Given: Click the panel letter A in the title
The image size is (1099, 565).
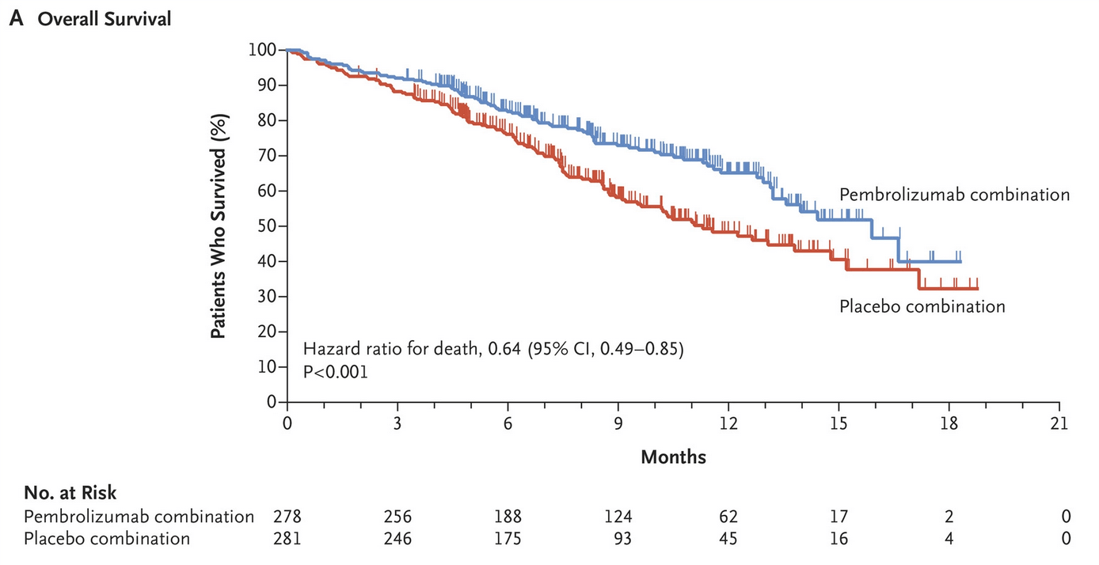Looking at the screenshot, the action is (16, 19).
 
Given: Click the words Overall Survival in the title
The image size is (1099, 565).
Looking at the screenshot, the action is (104, 19).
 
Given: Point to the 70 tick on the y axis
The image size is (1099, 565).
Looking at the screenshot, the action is (282, 156).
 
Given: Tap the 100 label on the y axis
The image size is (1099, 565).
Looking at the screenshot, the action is (262, 50).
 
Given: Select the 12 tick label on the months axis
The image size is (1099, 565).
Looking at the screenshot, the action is (728, 423).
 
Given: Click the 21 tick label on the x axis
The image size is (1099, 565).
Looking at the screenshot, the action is (1059, 423).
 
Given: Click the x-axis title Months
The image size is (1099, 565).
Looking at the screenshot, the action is (673, 457).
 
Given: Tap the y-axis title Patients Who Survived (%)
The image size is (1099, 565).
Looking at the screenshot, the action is (218, 226).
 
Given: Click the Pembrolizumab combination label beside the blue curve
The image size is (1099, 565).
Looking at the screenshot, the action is (954, 195).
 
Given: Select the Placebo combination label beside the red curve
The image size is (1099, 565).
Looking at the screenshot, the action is (922, 306).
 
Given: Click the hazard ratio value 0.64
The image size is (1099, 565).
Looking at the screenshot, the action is (504, 349).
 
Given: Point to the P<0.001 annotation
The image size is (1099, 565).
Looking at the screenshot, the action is (336, 372).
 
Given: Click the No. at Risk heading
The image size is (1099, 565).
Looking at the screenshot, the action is (70, 492).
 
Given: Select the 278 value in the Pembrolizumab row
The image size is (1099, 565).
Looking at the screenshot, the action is (287, 517).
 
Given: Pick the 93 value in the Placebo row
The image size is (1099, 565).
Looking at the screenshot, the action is (622, 539).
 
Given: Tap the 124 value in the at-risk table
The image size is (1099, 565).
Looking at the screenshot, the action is (618, 517).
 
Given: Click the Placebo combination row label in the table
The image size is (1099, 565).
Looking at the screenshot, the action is (107, 539).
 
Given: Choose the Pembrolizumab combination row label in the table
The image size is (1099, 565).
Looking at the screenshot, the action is (139, 517).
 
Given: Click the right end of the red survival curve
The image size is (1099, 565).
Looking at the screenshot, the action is (977, 288).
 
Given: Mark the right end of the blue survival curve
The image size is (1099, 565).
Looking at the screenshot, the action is (960, 261).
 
